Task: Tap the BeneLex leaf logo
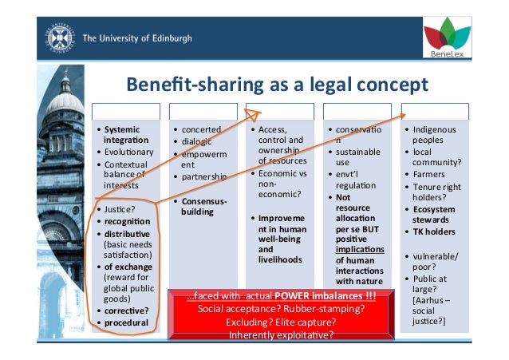[448, 37]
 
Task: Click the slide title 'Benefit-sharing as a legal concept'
[274, 85]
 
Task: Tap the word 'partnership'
[204, 176]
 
